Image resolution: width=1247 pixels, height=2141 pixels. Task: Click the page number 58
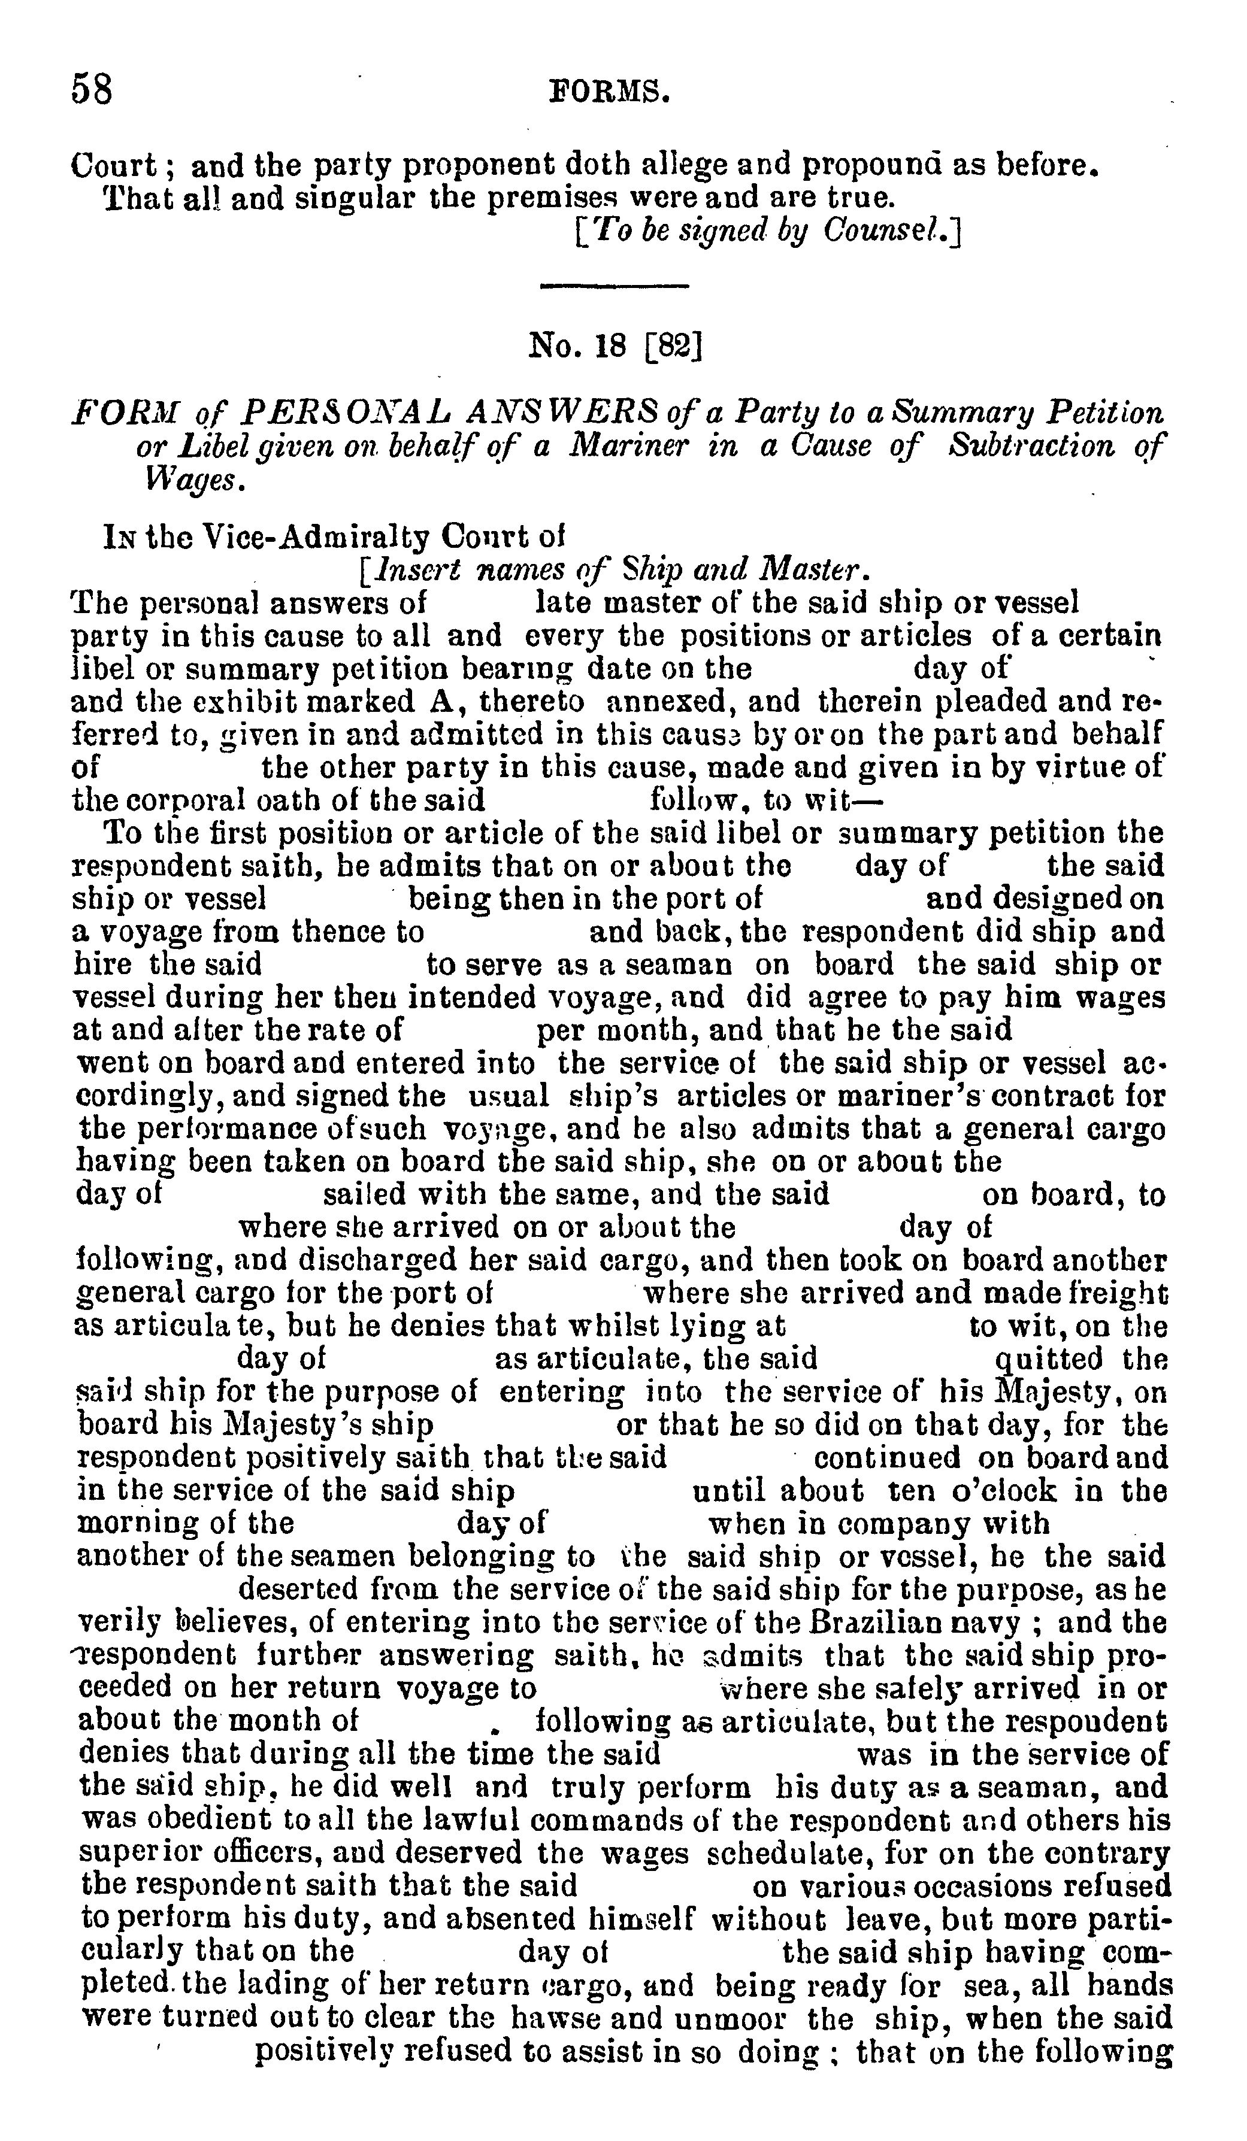[92, 89]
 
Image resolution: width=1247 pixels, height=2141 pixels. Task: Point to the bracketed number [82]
[673, 346]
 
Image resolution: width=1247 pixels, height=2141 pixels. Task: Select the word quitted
[1048, 1358]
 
